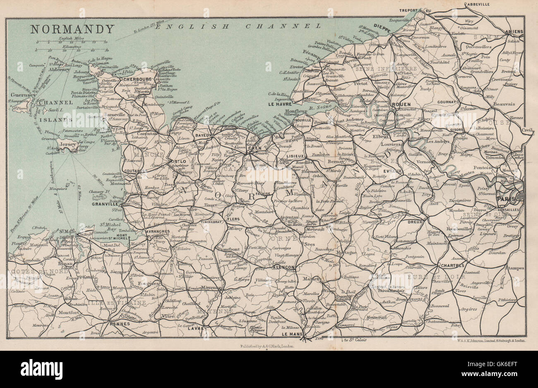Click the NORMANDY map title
[x=72, y=29]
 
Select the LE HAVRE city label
[x=280, y=104]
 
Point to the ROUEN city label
[x=401, y=104]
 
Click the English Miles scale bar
[x=72, y=42]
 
